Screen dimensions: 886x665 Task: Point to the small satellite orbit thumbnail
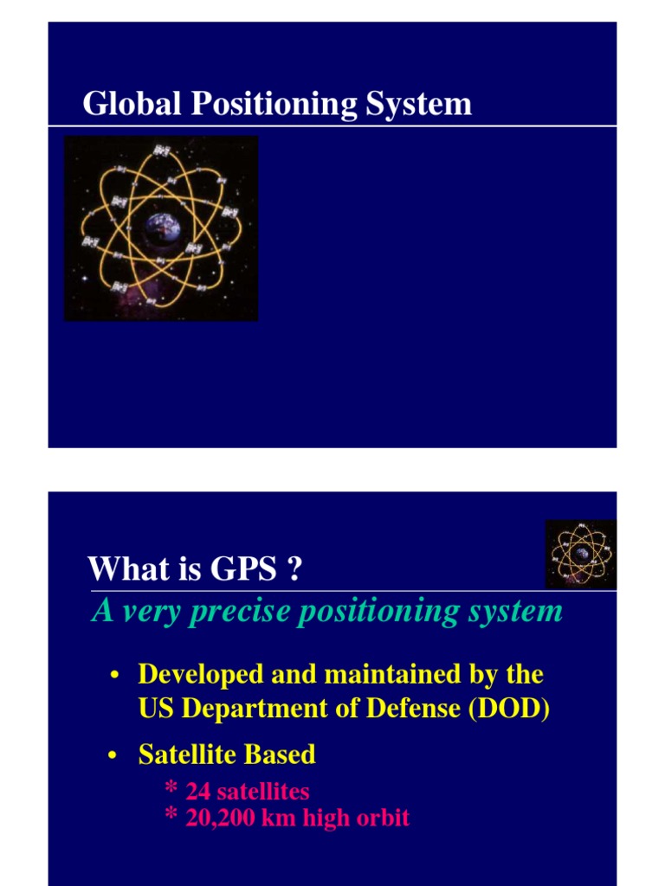[580, 554]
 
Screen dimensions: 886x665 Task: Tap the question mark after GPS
[294, 569]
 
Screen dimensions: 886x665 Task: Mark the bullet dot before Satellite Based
[113, 756]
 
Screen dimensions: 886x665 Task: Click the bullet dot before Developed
[113, 675]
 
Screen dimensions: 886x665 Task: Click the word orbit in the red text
[382, 818]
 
